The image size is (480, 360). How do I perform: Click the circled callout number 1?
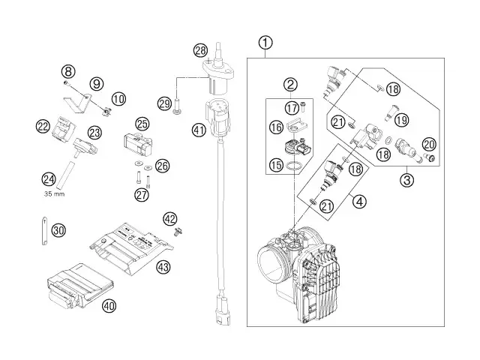pyautogui.click(x=265, y=43)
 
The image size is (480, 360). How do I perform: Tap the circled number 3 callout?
pyautogui.click(x=407, y=179)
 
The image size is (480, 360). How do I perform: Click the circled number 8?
pyautogui.click(x=68, y=72)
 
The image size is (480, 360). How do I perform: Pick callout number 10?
pyautogui.click(x=118, y=98)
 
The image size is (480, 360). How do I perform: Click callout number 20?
pyautogui.click(x=429, y=144)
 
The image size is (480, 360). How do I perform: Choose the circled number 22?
pyautogui.click(x=43, y=127)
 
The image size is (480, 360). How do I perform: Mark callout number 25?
pyautogui.click(x=142, y=123)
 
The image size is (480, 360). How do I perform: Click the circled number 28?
pyautogui.click(x=199, y=50)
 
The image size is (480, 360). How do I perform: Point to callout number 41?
pyautogui.click(x=198, y=130)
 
